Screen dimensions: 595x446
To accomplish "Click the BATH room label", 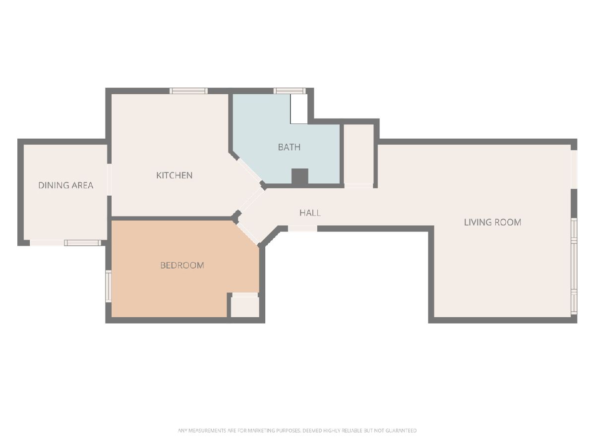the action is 289,147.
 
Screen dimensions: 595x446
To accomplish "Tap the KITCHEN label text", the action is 175,175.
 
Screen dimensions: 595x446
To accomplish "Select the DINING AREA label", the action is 65,185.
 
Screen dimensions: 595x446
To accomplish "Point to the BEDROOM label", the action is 182,265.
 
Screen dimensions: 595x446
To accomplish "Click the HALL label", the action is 310,213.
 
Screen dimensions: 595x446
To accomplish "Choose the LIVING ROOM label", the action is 492,223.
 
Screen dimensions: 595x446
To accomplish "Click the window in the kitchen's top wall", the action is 189,91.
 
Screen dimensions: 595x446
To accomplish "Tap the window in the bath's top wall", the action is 290,91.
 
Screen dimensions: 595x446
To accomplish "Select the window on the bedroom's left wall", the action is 109,286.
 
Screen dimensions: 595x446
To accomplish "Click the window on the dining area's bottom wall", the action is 83,243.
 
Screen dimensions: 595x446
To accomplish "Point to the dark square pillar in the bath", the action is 300,176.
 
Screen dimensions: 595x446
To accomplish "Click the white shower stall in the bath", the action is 298,109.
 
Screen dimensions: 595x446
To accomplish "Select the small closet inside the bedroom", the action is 245,307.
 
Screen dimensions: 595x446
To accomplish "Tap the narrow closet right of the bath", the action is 358,154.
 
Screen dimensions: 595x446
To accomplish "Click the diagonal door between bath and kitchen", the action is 250,170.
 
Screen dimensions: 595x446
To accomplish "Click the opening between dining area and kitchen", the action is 109,179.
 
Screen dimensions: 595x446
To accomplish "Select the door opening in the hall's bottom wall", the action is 302,228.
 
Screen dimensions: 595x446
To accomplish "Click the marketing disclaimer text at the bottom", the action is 297,431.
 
